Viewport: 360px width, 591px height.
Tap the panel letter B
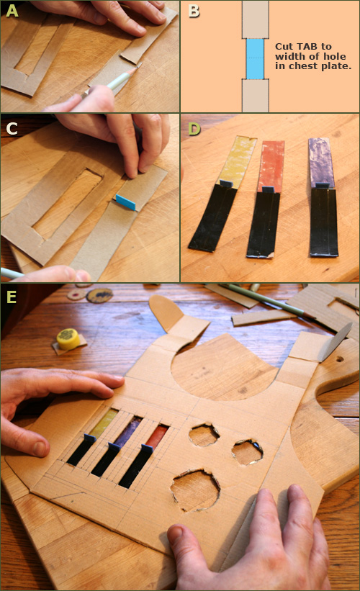point(192,11)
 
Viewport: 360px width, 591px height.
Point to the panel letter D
point(192,128)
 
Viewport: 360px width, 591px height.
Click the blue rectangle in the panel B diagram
point(256,58)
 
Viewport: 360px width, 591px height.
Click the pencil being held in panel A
point(108,83)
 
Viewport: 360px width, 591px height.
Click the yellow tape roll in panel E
point(68,338)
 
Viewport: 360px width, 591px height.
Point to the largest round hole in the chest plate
point(194,490)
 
